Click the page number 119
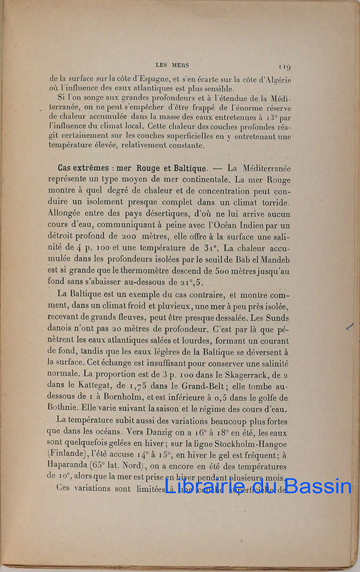click(x=284, y=67)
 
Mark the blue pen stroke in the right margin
click(x=350, y=327)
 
